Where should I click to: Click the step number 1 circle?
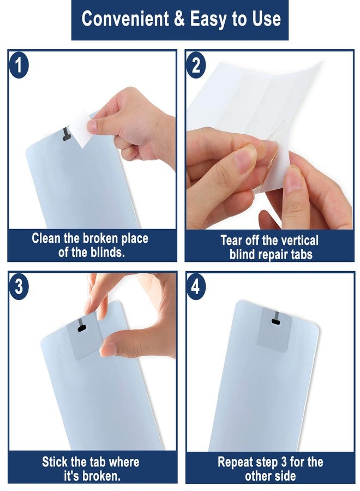click(x=19, y=67)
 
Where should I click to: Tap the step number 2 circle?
click(x=196, y=66)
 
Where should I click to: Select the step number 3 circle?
click(x=19, y=286)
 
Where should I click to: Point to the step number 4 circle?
click(x=196, y=286)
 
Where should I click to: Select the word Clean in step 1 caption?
click(x=46, y=238)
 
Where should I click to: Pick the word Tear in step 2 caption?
click(x=231, y=241)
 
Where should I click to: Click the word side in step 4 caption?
click(x=284, y=476)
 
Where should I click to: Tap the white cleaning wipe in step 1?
click(x=82, y=128)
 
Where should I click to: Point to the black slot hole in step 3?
click(x=82, y=328)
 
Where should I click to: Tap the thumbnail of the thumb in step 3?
click(x=109, y=348)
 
